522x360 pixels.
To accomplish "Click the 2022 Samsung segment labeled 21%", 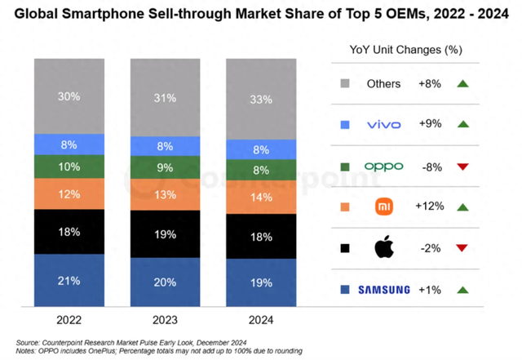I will click(x=69, y=281).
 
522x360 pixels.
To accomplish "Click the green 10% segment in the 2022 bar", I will click(x=69, y=167).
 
